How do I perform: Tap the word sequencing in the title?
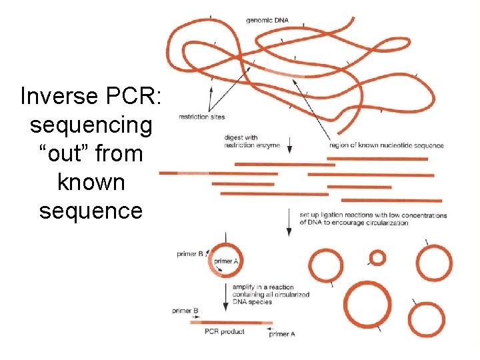pyautogui.click(x=91, y=125)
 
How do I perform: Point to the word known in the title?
pyautogui.click(x=91, y=181)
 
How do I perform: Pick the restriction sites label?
pyautogui.click(x=201, y=117)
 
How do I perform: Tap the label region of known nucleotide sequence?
pyautogui.click(x=386, y=145)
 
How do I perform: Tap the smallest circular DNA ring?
pyautogui.click(x=377, y=257)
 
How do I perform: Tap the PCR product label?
pyautogui.click(x=224, y=331)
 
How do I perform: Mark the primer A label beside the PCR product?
pyautogui.click(x=281, y=334)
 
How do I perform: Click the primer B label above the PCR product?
pyautogui.click(x=185, y=311)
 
